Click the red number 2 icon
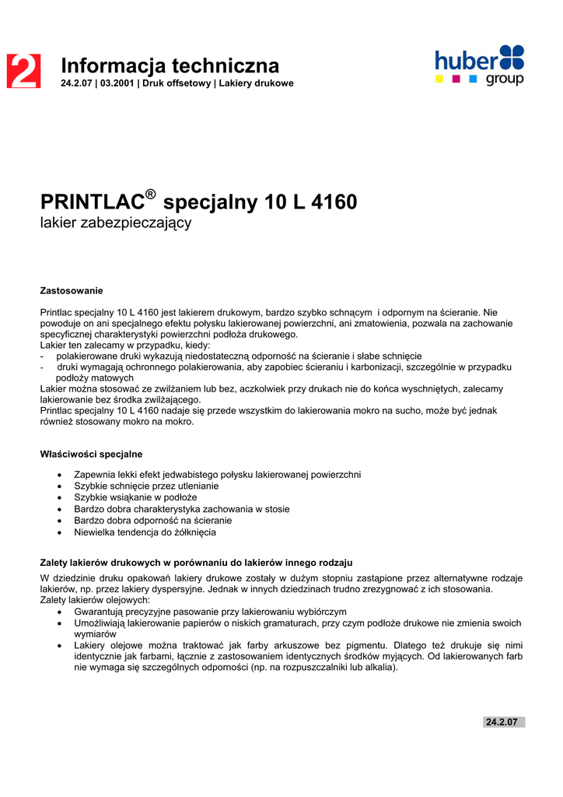point(23,71)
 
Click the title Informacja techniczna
point(170,65)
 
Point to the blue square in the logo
point(473,79)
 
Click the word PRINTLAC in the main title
point(93,203)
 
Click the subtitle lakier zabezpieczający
point(115,223)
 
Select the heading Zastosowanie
point(72,290)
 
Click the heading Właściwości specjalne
point(91,454)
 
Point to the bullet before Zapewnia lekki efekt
point(61,475)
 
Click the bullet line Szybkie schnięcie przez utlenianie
point(146,486)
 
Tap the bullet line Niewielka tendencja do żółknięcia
point(145,532)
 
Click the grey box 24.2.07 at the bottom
point(502,722)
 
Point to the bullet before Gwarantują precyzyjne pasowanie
point(61,613)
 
